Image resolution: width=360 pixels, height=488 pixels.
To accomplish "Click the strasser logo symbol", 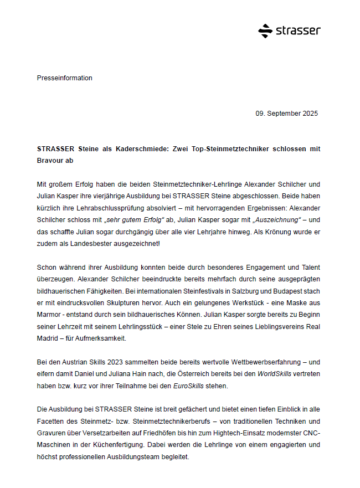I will coord(265,31).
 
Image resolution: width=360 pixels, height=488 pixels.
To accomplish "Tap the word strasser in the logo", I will coord(297,31).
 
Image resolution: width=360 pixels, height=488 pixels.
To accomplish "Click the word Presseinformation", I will coord(65,78).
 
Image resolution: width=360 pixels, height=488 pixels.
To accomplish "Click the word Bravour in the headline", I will coord(50,161).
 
